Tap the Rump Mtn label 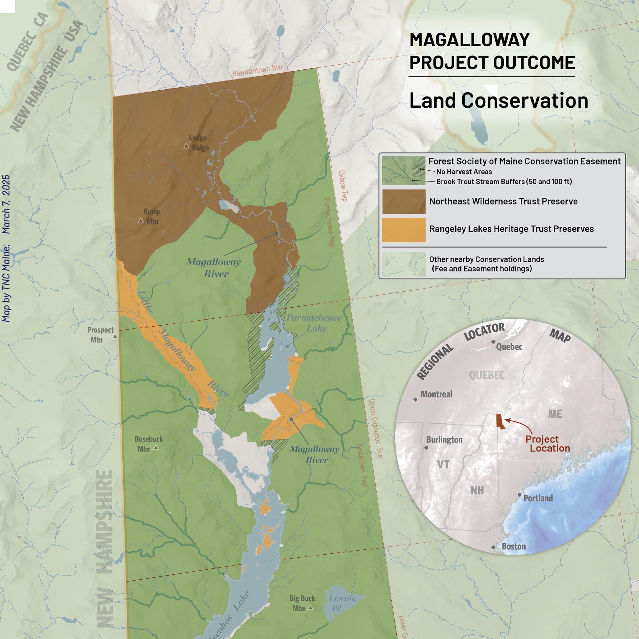point(152,217)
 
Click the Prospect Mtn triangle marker point(115,336)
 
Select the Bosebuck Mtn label point(149,444)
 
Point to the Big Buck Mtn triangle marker point(310,608)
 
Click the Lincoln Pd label point(342,603)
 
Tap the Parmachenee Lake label point(313,323)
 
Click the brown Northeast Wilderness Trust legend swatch point(404,201)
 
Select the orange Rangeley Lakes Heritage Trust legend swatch point(404,229)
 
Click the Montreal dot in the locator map point(415,399)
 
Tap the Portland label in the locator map point(538,498)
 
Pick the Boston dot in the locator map point(493,547)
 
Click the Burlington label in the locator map point(444,440)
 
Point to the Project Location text point(547,443)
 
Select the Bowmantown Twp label point(257,70)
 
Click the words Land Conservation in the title point(498,100)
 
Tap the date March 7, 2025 point(6,204)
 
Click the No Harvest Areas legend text point(464,172)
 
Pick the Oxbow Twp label point(343,186)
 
